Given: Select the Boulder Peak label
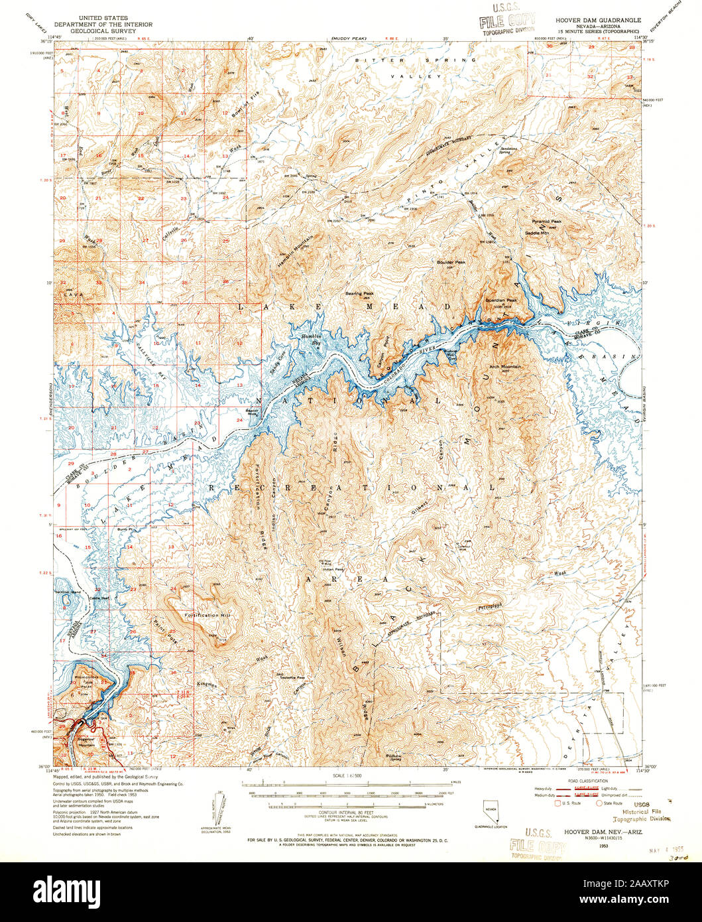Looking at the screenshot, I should click(x=451, y=262).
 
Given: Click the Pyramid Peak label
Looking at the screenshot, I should click(x=547, y=222).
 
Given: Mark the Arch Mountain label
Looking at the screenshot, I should click(x=505, y=366).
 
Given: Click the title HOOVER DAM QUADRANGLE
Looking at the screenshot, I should click(x=602, y=21).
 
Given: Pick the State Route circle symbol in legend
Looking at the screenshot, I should click(x=599, y=803).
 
